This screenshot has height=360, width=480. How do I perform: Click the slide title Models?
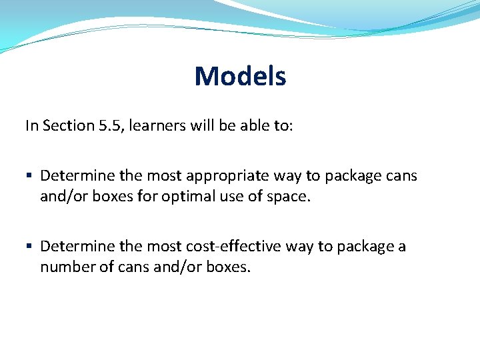pyautogui.click(x=240, y=77)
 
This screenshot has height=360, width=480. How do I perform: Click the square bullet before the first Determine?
pyautogui.click(x=29, y=176)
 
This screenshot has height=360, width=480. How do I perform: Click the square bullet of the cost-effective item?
pyautogui.click(x=29, y=247)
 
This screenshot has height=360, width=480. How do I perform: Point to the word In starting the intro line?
pyautogui.click(x=32, y=125)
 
